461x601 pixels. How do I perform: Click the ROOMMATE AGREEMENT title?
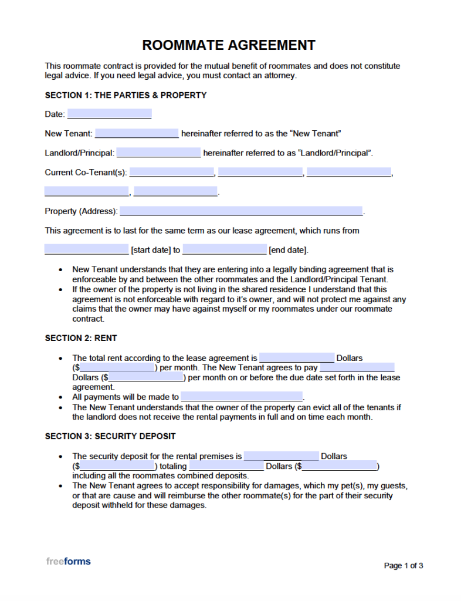tap(229, 45)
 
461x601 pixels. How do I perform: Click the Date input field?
tap(109, 114)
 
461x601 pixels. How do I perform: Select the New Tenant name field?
tap(137, 133)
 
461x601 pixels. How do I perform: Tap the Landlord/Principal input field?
tap(158, 153)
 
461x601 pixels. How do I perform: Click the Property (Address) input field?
tap(241, 211)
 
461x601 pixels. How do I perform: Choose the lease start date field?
tap(86, 249)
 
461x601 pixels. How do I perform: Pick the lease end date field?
tap(225, 249)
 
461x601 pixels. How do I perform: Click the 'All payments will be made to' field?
tap(242, 397)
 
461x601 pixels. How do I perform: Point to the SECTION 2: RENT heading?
tap(81, 338)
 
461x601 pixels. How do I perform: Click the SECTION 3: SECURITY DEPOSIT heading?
tap(110, 436)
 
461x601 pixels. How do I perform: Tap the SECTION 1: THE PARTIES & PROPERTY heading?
tap(126, 95)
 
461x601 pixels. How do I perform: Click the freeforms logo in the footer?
tap(69, 562)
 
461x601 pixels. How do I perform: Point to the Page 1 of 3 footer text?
tap(404, 566)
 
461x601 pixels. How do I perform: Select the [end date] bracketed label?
tap(287, 250)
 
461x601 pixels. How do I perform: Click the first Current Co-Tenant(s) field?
tap(172, 173)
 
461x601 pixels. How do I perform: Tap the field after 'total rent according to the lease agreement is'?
tap(297, 358)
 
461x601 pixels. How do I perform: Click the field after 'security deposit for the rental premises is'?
tap(282, 456)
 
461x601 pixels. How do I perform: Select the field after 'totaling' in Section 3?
tap(226, 466)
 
